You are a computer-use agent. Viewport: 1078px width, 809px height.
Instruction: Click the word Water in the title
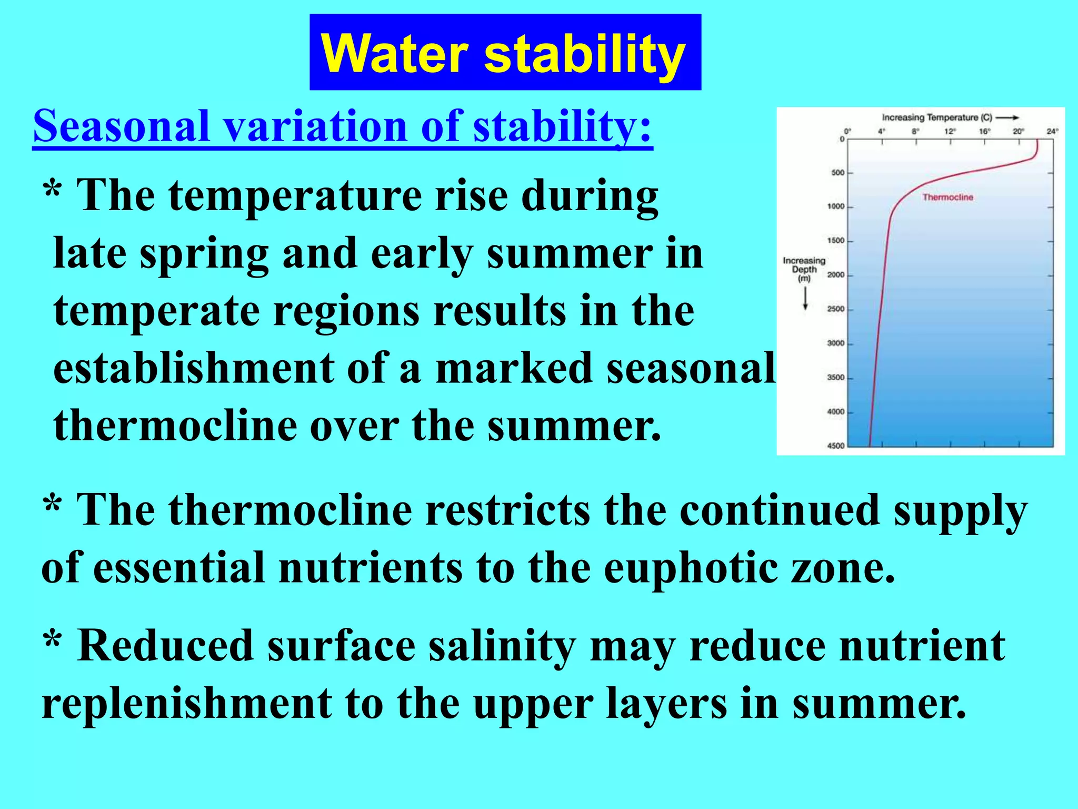[394, 54]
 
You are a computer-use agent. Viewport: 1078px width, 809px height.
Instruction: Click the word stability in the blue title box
[584, 54]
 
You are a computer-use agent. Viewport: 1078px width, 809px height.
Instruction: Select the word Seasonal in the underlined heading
[122, 126]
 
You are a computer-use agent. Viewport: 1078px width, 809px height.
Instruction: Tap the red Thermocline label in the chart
[947, 197]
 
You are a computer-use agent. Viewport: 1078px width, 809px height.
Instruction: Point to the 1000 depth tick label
[835, 206]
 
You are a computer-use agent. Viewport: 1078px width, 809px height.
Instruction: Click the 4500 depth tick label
[835, 446]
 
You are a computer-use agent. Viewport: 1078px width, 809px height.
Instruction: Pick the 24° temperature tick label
[1052, 131]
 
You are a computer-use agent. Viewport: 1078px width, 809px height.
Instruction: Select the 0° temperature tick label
[847, 131]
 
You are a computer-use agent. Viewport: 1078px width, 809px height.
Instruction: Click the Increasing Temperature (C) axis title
[937, 117]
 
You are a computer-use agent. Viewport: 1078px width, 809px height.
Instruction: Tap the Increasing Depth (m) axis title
[804, 269]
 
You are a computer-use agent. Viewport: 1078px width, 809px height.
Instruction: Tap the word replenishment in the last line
[187, 703]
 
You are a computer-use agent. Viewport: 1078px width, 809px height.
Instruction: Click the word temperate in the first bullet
[157, 311]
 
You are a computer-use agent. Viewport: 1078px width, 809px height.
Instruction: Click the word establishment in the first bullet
[193, 368]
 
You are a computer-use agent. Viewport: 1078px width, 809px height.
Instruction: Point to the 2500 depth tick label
[835, 309]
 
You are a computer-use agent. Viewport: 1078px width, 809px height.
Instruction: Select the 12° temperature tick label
[950, 131]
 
